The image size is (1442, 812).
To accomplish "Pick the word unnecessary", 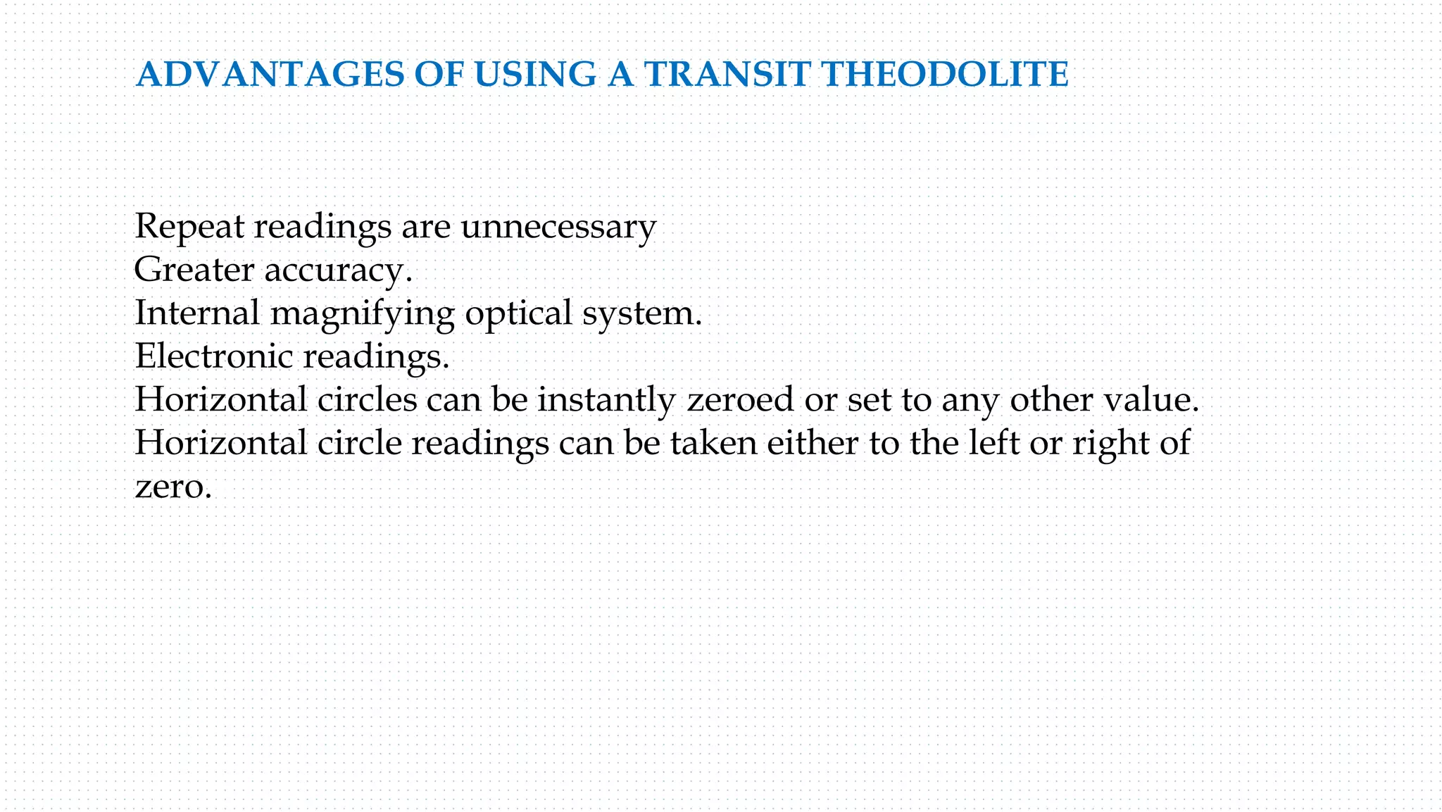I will pos(558,227).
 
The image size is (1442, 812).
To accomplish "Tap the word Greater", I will pos(194,270).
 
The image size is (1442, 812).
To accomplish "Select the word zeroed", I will pos(740,400).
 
